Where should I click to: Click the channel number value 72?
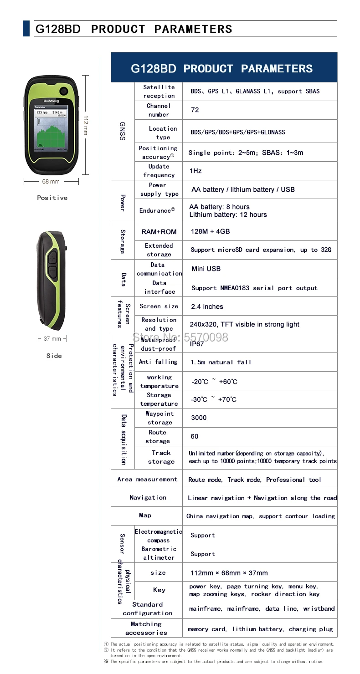195,110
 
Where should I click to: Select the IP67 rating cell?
197,344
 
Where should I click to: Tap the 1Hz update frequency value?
195,171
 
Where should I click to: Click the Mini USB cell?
206,269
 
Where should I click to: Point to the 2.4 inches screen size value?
207,306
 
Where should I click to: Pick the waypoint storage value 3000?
199,418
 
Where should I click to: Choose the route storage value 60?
195,436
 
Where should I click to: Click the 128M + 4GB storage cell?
210,231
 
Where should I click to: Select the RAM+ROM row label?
159,232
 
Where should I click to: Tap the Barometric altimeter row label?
159,553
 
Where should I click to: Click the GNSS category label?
122,131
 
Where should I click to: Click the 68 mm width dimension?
51,182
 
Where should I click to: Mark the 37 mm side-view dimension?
52,339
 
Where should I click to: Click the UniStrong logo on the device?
51,101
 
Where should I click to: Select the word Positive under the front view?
52,198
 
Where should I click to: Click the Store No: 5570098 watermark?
180,337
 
